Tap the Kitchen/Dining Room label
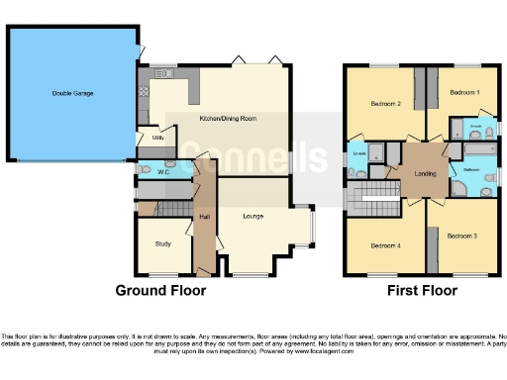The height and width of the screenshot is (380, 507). (x=228, y=119)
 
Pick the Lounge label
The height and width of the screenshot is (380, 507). (x=253, y=216)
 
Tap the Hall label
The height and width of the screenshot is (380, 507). (x=204, y=217)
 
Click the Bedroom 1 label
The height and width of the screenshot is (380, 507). (x=463, y=92)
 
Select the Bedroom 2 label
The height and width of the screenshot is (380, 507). (x=385, y=103)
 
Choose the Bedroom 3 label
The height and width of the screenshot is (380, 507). (x=461, y=237)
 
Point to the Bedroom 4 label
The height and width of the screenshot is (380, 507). (x=385, y=245)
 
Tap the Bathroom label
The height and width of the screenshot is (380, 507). (x=470, y=169)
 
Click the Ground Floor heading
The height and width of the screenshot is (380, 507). (x=160, y=291)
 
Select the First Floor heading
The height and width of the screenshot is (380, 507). (x=423, y=291)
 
